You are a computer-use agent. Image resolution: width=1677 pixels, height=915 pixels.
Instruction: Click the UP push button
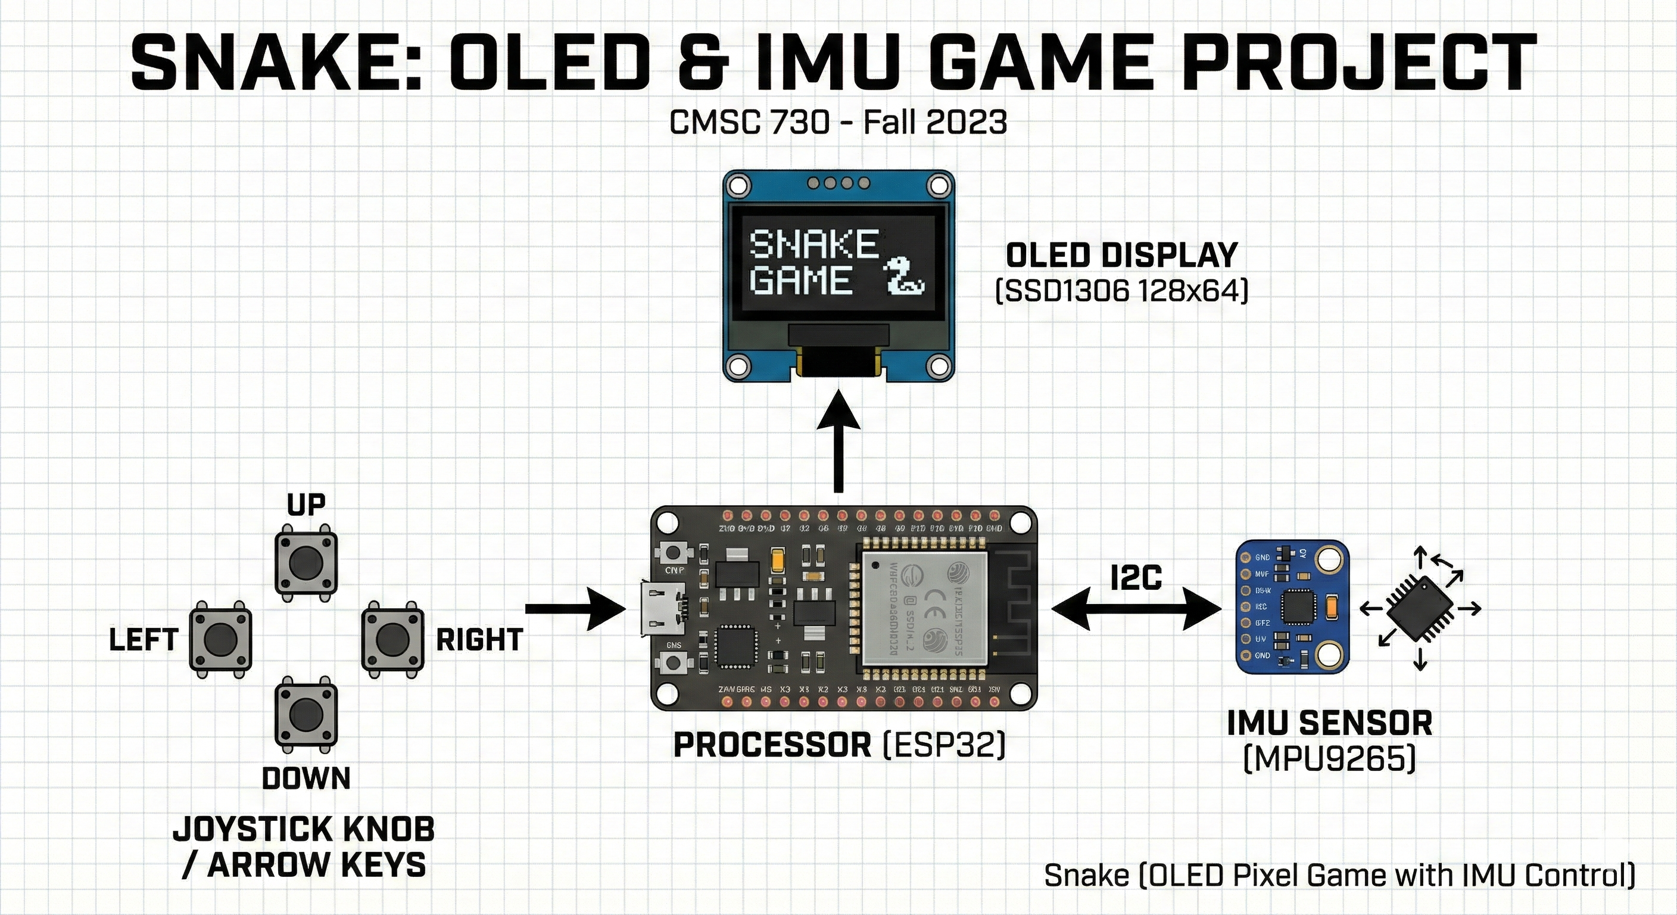pyautogui.click(x=306, y=564)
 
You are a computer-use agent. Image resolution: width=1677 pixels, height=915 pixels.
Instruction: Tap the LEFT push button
pyautogui.click(x=220, y=639)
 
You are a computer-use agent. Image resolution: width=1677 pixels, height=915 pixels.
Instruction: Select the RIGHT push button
pyautogui.click(x=392, y=639)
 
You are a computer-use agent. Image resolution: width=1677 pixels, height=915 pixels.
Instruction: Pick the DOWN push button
pyautogui.click(x=306, y=713)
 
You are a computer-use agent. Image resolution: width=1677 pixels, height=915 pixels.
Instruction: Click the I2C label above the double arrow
pyautogui.click(x=1136, y=578)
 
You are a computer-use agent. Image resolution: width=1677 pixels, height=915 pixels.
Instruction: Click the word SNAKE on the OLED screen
pyautogui.click(x=813, y=244)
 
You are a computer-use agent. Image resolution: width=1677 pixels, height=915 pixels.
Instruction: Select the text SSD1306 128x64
pyautogui.click(x=1122, y=291)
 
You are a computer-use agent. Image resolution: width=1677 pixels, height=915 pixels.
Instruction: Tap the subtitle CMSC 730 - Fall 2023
pyautogui.click(x=838, y=123)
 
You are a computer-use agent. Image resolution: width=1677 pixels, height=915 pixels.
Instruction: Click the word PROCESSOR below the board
pyautogui.click(x=772, y=745)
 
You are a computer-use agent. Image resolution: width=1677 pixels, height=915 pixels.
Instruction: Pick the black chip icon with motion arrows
pyautogui.click(x=1420, y=608)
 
